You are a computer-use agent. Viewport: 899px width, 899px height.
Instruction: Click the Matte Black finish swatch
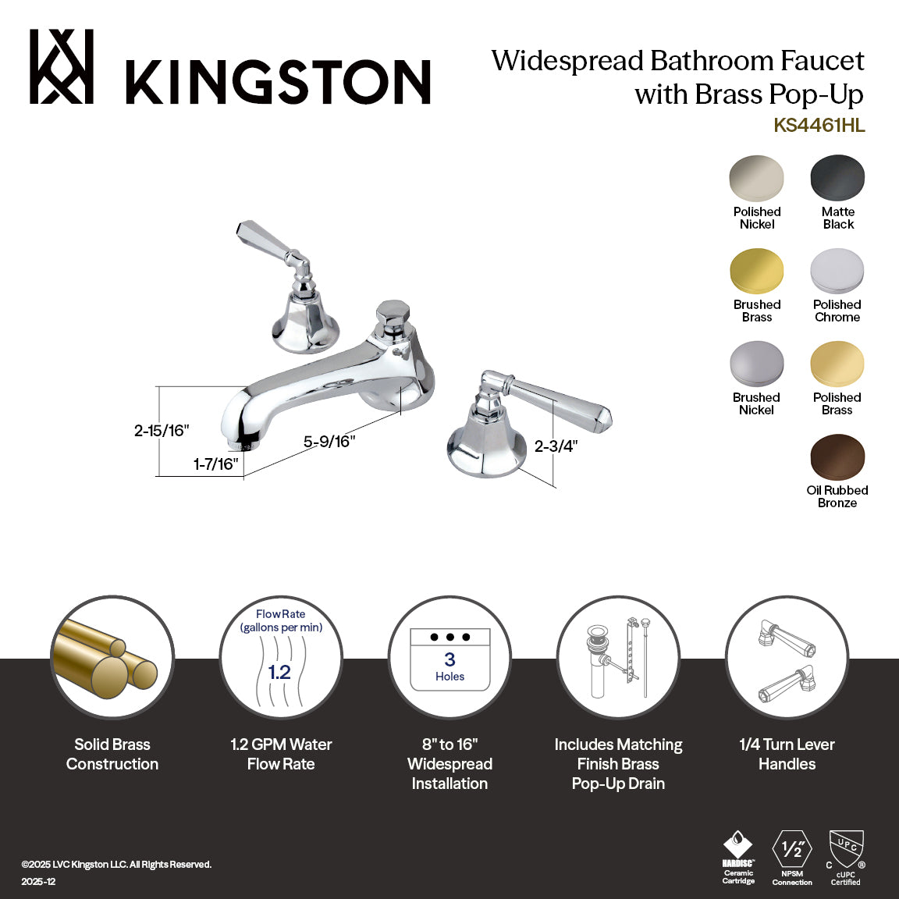tap(837, 179)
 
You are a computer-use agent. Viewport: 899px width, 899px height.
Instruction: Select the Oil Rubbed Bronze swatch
tap(837, 457)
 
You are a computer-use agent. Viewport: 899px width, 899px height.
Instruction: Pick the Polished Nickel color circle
tap(756, 179)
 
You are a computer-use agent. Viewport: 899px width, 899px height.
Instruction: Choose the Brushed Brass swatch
tap(756, 272)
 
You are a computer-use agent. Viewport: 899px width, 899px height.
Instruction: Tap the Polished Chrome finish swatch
tap(837, 272)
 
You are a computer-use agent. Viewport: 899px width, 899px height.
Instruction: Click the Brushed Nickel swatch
tap(756, 364)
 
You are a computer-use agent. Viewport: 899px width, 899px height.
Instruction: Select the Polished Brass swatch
tap(837, 364)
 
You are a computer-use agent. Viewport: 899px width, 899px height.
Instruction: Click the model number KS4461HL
tap(819, 126)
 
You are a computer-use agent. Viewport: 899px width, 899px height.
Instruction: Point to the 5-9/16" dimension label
tap(329, 442)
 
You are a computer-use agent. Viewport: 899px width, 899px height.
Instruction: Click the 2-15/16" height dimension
tap(162, 430)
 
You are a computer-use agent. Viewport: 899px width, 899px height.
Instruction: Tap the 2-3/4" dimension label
tap(556, 446)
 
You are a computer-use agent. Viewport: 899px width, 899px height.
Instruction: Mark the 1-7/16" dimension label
tap(215, 464)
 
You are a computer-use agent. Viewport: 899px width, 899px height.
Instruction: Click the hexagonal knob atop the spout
tap(389, 314)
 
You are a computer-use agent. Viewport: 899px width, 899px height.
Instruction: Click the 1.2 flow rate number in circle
tap(279, 672)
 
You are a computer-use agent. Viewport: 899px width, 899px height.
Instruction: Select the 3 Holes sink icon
tap(449, 659)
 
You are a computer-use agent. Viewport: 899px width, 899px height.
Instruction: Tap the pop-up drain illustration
tap(618, 658)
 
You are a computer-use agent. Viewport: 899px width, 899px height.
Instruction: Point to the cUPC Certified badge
tap(846, 856)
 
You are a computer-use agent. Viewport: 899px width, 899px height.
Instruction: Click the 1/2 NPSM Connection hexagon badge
tap(792, 851)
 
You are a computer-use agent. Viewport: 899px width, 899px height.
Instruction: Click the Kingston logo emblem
tap(62, 67)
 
